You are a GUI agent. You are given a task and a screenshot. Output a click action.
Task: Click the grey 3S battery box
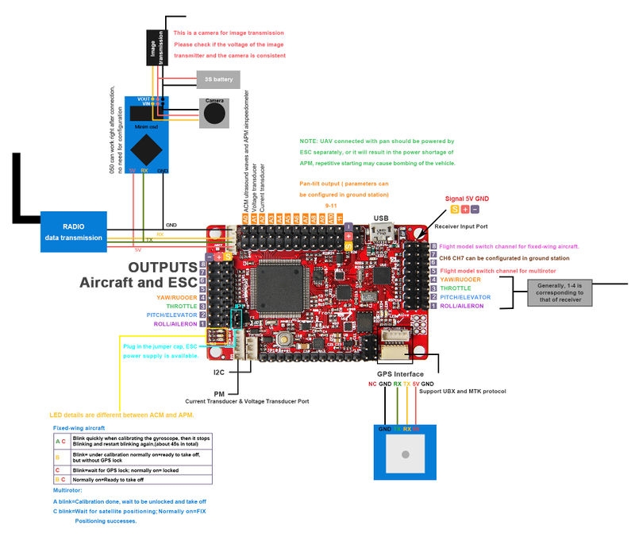pyautogui.click(x=218, y=79)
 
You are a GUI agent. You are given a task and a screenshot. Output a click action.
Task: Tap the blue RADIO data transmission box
pyautogui.click(x=74, y=231)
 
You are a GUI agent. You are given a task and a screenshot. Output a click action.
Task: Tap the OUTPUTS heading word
pyautogui.click(x=163, y=267)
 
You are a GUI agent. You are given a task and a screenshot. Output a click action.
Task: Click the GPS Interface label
pyautogui.click(x=399, y=374)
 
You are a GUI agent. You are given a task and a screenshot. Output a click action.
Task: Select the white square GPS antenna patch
pyautogui.click(x=405, y=454)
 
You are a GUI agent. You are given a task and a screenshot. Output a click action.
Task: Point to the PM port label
pyautogui.click(x=219, y=393)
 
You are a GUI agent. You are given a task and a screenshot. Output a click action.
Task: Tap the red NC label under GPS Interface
pyautogui.click(x=372, y=384)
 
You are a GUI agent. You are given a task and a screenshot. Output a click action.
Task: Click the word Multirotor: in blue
pyautogui.click(x=72, y=491)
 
